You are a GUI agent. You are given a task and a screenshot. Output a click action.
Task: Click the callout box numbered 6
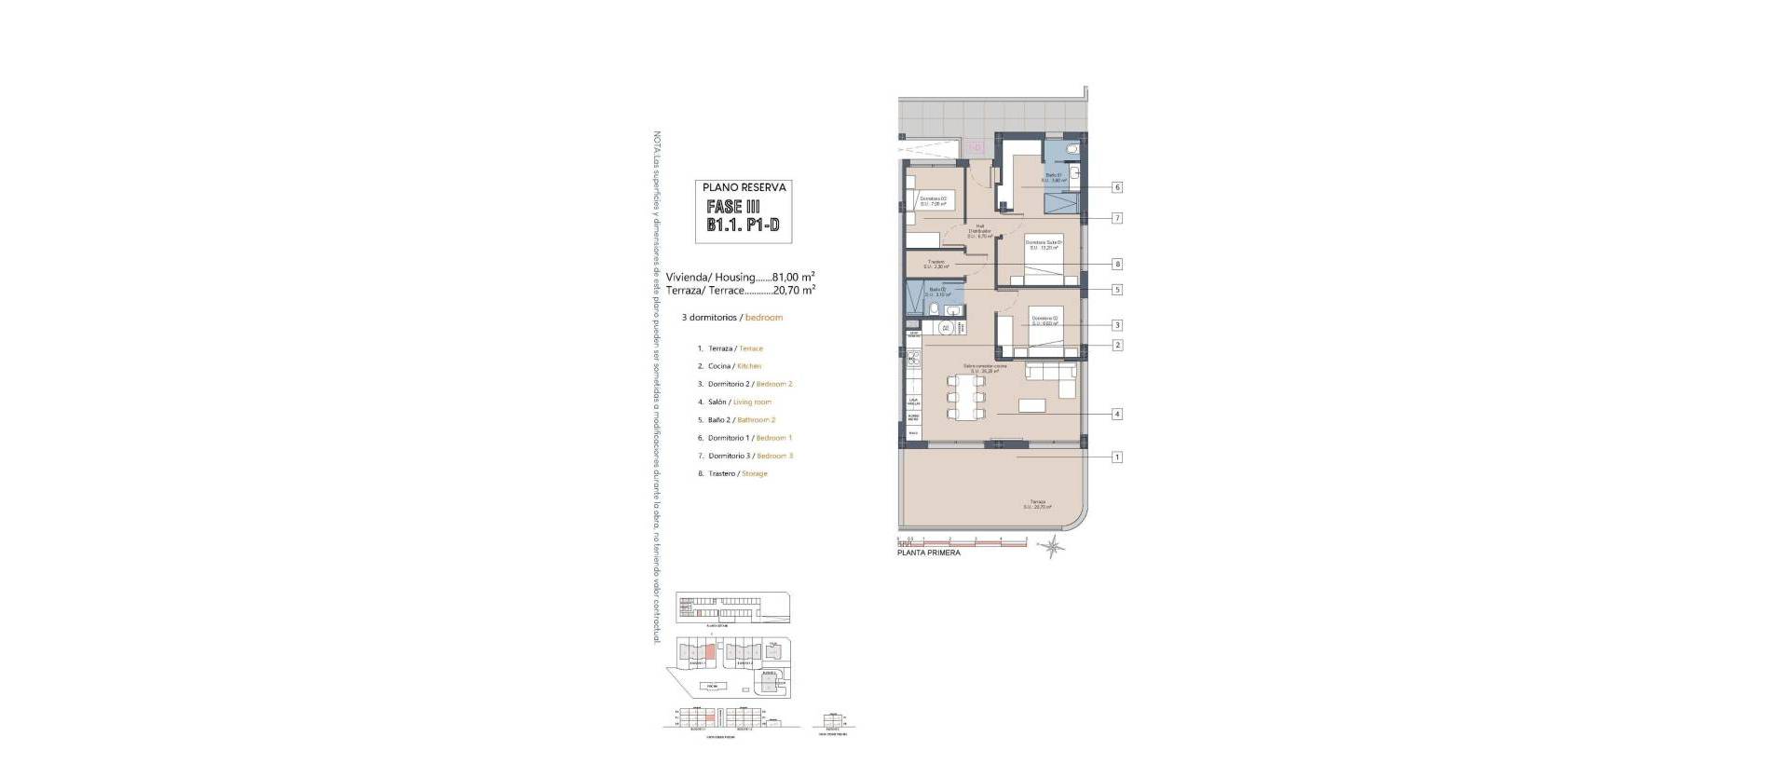click(1116, 187)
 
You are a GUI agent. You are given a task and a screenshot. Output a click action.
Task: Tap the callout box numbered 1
click(1116, 457)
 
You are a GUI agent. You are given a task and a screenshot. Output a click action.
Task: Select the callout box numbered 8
click(1116, 264)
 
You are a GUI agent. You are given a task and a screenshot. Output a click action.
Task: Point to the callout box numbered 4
click(1116, 414)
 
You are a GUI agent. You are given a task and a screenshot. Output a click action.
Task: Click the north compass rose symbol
click(1052, 547)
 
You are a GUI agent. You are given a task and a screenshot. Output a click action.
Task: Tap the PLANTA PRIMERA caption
click(928, 553)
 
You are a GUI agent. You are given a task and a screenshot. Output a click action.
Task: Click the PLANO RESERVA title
click(744, 187)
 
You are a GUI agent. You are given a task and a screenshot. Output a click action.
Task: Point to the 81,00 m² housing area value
click(793, 277)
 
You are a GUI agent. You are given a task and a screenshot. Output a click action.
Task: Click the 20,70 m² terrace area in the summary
click(794, 290)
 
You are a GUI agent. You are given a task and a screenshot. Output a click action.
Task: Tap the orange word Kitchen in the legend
click(748, 366)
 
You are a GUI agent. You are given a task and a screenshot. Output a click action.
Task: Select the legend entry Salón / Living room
click(739, 402)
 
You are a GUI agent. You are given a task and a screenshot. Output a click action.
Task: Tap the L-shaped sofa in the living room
click(1053, 374)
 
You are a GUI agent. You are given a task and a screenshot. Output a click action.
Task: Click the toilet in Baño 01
click(1072, 149)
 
